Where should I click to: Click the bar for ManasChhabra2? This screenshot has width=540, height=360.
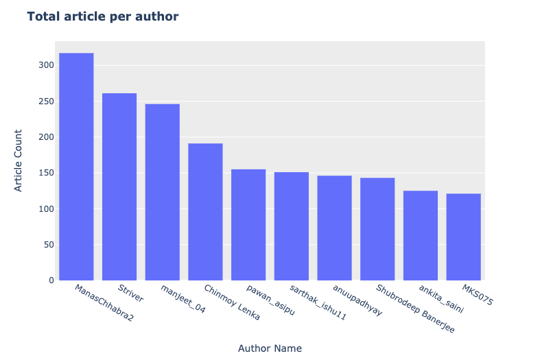[x=76, y=167]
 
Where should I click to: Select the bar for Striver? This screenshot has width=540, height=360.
[x=119, y=187]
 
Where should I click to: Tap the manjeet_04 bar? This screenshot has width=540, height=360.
[x=163, y=192]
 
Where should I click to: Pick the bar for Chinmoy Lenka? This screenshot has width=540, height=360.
[x=205, y=212]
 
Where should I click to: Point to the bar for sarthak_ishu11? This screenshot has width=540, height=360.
[x=292, y=226]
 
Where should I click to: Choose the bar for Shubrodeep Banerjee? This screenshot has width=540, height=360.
[x=377, y=229]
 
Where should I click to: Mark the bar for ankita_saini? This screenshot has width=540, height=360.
[x=421, y=235]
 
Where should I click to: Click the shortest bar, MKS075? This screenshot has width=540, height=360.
[x=463, y=237]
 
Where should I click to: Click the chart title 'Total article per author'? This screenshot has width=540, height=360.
[x=103, y=16]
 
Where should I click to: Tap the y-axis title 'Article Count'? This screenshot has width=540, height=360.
[x=19, y=160]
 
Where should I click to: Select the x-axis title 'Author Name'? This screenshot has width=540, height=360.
[x=270, y=348]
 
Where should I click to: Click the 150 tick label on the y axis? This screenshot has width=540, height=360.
[x=46, y=173]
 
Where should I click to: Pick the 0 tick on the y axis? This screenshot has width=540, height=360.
[x=51, y=280]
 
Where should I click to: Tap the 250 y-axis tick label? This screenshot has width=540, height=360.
[x=46, y=101]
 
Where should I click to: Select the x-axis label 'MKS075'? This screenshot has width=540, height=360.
[x=477, y=295]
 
